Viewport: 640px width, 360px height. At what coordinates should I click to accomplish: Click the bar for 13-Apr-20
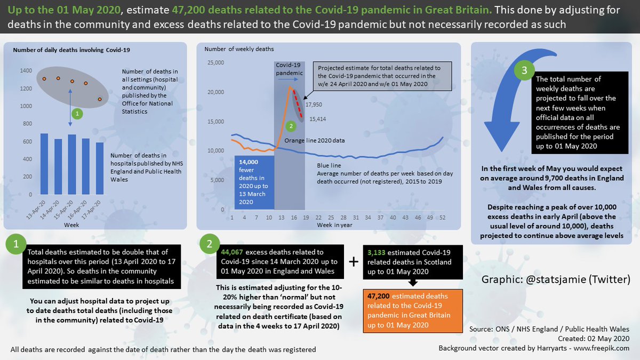(44, 164)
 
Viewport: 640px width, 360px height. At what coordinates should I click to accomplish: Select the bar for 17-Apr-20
(100, 169)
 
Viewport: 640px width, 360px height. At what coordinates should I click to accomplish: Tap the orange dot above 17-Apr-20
(99, 99)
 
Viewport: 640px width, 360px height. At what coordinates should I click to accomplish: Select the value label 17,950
(315, 105)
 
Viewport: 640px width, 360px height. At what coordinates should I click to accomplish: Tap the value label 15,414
(318, 119)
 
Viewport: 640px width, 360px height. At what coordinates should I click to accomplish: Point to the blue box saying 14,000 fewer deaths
(254, 182)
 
